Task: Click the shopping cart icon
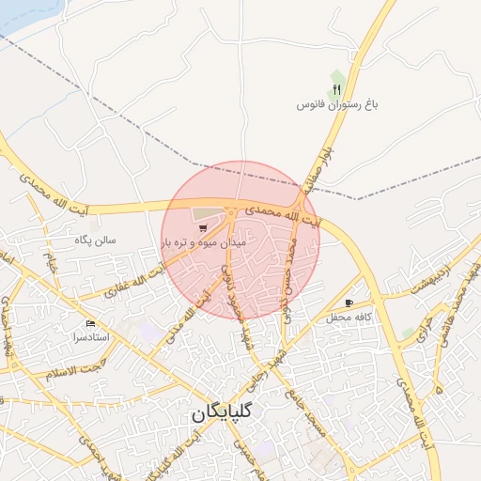click(201, 227)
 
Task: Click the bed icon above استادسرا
click(90, 323)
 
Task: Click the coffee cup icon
click(349, 303)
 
